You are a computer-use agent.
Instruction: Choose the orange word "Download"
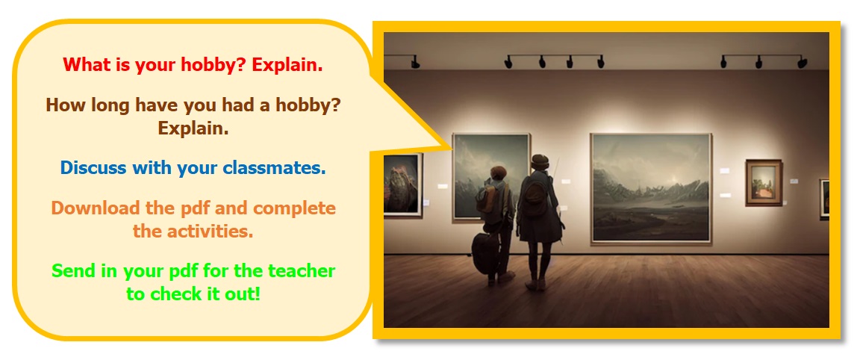tap(94, 208)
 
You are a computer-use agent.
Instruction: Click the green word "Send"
tap(72, 270)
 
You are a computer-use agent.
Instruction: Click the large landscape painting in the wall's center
tap(651, 188)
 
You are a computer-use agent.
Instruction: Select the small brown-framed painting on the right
tap(764, 183)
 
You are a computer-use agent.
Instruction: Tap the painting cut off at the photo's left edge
tap(403, 184)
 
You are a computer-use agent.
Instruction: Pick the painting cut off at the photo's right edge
tap(824, 199)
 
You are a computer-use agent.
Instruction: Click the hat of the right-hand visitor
tap(540, 161)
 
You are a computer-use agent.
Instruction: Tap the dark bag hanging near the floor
tap(484, 252)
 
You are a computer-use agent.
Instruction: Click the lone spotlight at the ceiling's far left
tap(415, 62)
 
